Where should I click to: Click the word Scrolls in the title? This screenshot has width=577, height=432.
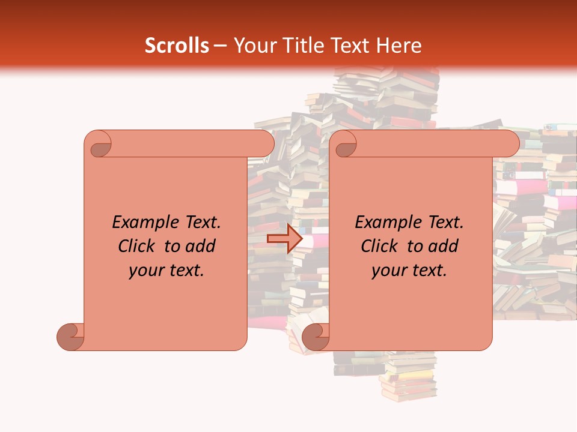(177, 46)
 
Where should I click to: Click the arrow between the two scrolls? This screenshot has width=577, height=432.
(284, 239)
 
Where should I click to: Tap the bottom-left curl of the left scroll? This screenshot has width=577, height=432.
(71, 336)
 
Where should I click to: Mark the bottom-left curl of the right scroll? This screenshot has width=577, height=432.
(316, 336)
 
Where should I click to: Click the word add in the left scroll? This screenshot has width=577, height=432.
(201, 246)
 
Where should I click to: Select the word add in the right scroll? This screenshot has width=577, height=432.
(444, 246)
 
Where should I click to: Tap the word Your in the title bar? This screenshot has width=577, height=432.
(251, 46)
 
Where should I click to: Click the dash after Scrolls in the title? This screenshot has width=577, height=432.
(220, 46)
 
